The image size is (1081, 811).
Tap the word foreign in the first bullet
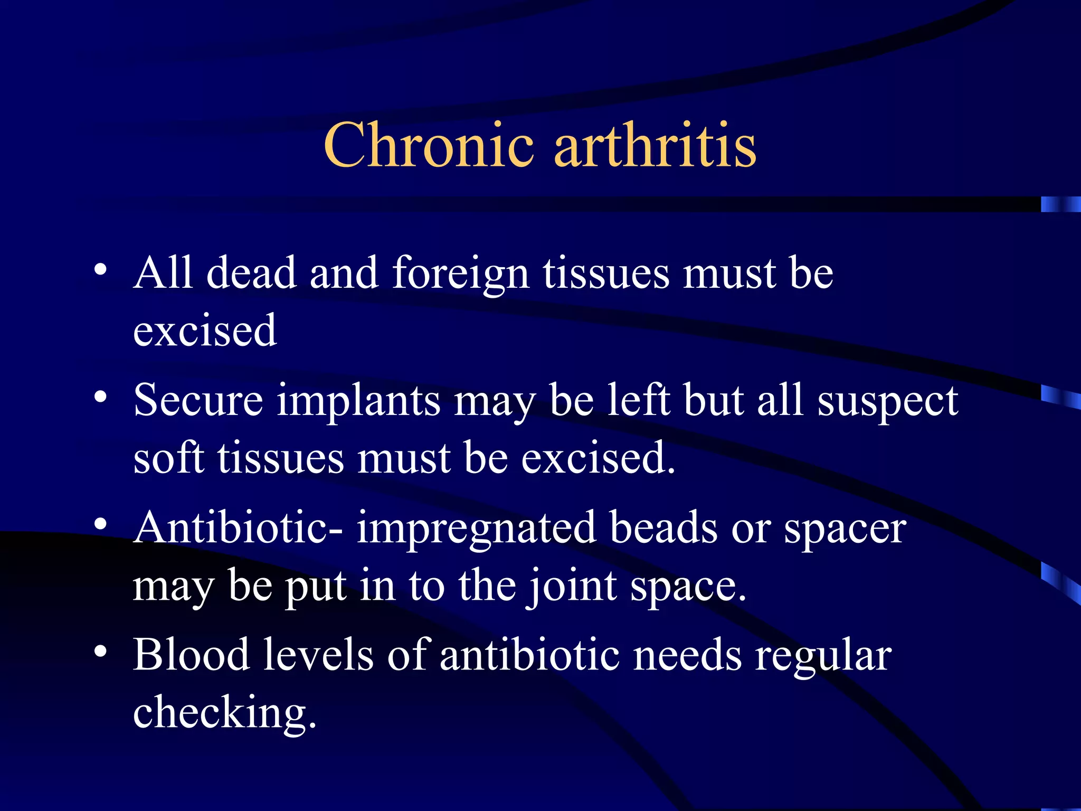[x=460, y=274]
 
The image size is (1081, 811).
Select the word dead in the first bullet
[x=251, y=274]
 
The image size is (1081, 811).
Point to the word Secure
[x=198, y=400]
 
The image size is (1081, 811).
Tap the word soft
[x=168, y=457]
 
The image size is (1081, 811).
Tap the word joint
[x=572, y=586]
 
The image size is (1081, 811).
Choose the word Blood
[x=191, y=655]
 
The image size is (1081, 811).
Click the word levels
[x=318, y=655]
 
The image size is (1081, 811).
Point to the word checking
[x=224, y=713]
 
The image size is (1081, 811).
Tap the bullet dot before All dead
[x=100, y=270]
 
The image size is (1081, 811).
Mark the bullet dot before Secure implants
[x=100, y=397]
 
